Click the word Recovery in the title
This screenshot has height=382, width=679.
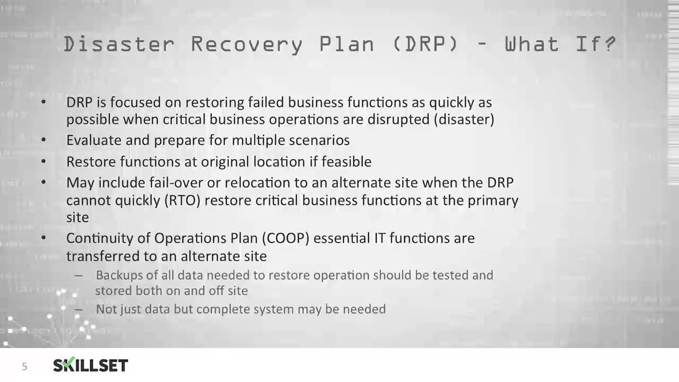[x=247, y=44]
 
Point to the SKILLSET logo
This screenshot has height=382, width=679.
[x=91, y=366]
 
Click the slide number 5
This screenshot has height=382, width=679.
[x=24, y=367]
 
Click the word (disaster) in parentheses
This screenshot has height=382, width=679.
[x=464, y=119]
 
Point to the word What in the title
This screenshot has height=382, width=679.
[x=531, y=44]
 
